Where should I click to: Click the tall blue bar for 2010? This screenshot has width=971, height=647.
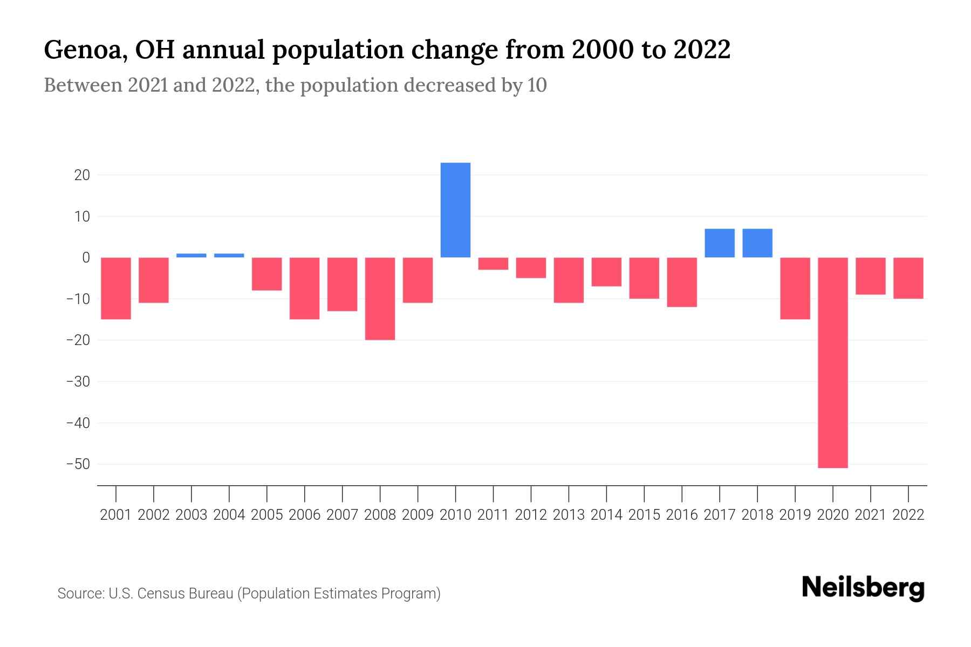tap(455, 210)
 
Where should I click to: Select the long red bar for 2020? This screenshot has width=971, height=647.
tap(832, 362)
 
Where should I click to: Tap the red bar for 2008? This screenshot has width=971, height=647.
tap(380, 299)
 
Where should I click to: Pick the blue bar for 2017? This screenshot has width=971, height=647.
tap(719, 243)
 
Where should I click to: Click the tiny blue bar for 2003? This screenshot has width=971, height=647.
tap(191, 256)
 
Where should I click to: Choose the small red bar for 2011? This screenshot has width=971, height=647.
tap(493, 264)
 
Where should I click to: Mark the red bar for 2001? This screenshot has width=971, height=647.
tap(116, 288)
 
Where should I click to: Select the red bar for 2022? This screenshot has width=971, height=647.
tap(908, 278)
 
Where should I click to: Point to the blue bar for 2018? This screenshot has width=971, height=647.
tap(757, 243)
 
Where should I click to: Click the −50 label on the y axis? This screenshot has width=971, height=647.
tap(78, 464)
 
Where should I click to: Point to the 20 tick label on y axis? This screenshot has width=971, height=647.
tap(82, 175)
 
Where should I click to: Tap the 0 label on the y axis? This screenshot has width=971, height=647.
tap(86, 258)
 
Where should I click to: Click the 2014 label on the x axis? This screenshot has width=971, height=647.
tap(606, 515)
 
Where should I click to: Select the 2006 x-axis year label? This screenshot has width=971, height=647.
tap(305, 515)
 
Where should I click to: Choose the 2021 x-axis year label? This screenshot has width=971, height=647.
tap(870, 515)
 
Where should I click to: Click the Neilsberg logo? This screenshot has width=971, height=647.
tap(863, 588)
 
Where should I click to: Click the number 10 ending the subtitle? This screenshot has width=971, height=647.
tap(537, 85)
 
